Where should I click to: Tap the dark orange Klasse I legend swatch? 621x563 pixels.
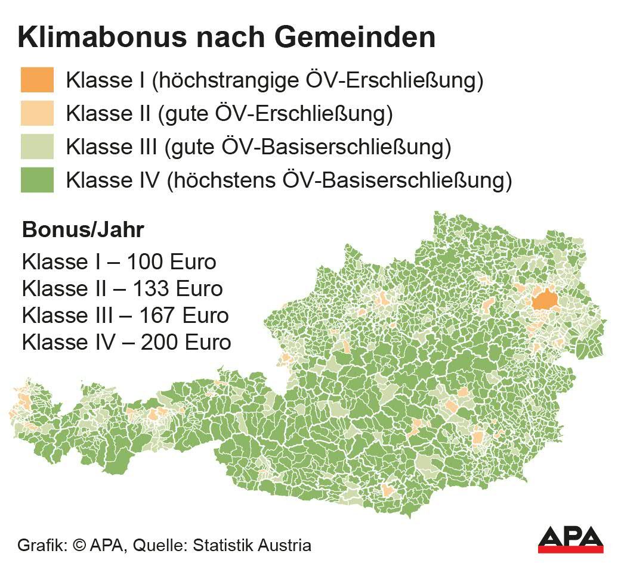click(37, 80)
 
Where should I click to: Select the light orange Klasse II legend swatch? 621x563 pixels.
click(37, 113)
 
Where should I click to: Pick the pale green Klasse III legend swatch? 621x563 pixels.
click(37, 147)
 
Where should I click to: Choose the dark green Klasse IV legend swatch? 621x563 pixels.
click(37, 180)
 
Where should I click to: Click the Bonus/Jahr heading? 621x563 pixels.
click(83, 229)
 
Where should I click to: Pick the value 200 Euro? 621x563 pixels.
click(186, 343)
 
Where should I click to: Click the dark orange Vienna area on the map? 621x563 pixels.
click(544, 299)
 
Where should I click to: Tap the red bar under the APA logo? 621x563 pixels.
click(570, 549)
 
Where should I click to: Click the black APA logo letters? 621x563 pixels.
click(570, 536)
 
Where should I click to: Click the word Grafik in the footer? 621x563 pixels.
click(41, 545)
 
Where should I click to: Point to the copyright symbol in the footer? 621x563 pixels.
click(79, 545)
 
